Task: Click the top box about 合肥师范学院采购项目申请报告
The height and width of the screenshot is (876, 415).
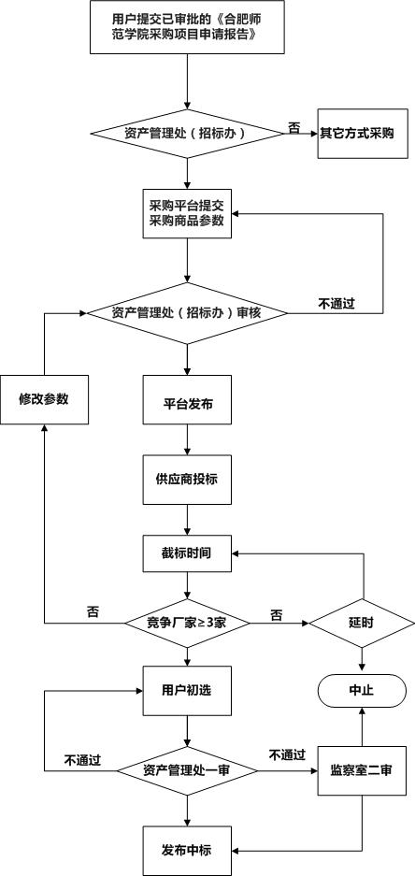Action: pos(187,27)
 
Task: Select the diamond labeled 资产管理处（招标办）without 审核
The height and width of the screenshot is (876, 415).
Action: pos(187,134)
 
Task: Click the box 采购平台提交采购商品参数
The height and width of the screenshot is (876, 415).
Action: pos(187,214)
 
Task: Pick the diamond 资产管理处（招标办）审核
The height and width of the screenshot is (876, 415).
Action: pos(187,313)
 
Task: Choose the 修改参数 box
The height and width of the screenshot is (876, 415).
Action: pos(44,399)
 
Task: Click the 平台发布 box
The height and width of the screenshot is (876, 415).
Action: pos(187,399)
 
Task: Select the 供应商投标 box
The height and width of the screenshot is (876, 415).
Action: pos(187,480)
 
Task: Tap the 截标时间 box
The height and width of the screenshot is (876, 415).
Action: pos(187,553)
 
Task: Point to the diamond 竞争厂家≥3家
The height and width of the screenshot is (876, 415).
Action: pos(187,623)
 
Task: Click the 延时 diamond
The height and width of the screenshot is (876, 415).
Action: pos(363,623)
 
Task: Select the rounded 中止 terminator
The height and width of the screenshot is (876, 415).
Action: pos(363,690)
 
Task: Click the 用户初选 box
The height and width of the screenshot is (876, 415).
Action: pos(187,690)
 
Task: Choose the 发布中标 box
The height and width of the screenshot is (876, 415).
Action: pos(187,851)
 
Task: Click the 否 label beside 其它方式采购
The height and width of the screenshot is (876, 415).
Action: pos(293,128)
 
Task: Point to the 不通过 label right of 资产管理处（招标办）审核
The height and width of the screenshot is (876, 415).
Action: pos(336,304)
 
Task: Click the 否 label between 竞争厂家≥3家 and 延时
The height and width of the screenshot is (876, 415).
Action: pos(277,615)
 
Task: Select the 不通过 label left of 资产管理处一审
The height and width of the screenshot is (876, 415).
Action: pos(82,760)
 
